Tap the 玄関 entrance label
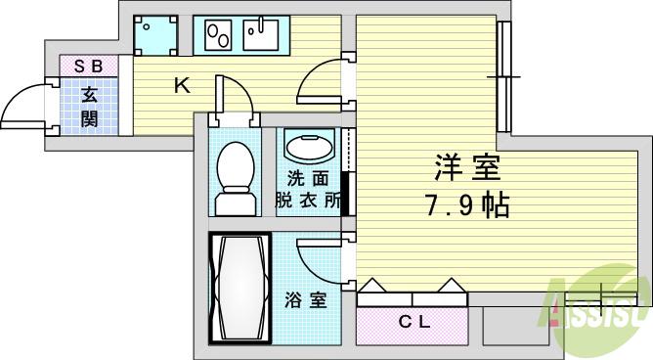tap(89, 107)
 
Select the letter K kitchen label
tap(181, 86)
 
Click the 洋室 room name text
tap(467, 169)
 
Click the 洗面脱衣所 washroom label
tap(307, 189)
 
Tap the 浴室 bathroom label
tap(306, 299)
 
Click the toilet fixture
tap(235, 178)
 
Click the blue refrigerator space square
tap(156, 35)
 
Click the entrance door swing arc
tap(24, 108)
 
